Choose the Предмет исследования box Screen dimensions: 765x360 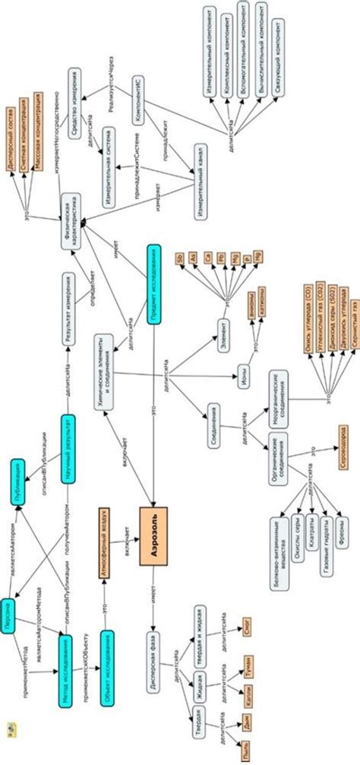[x=154, y=284]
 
